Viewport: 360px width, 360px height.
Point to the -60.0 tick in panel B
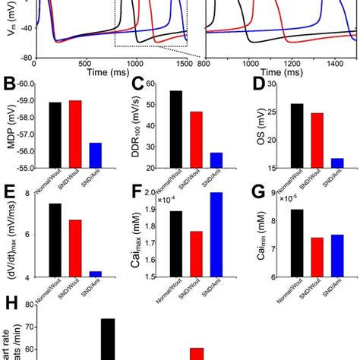[26, 84]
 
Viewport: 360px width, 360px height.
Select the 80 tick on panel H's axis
[30, 305]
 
